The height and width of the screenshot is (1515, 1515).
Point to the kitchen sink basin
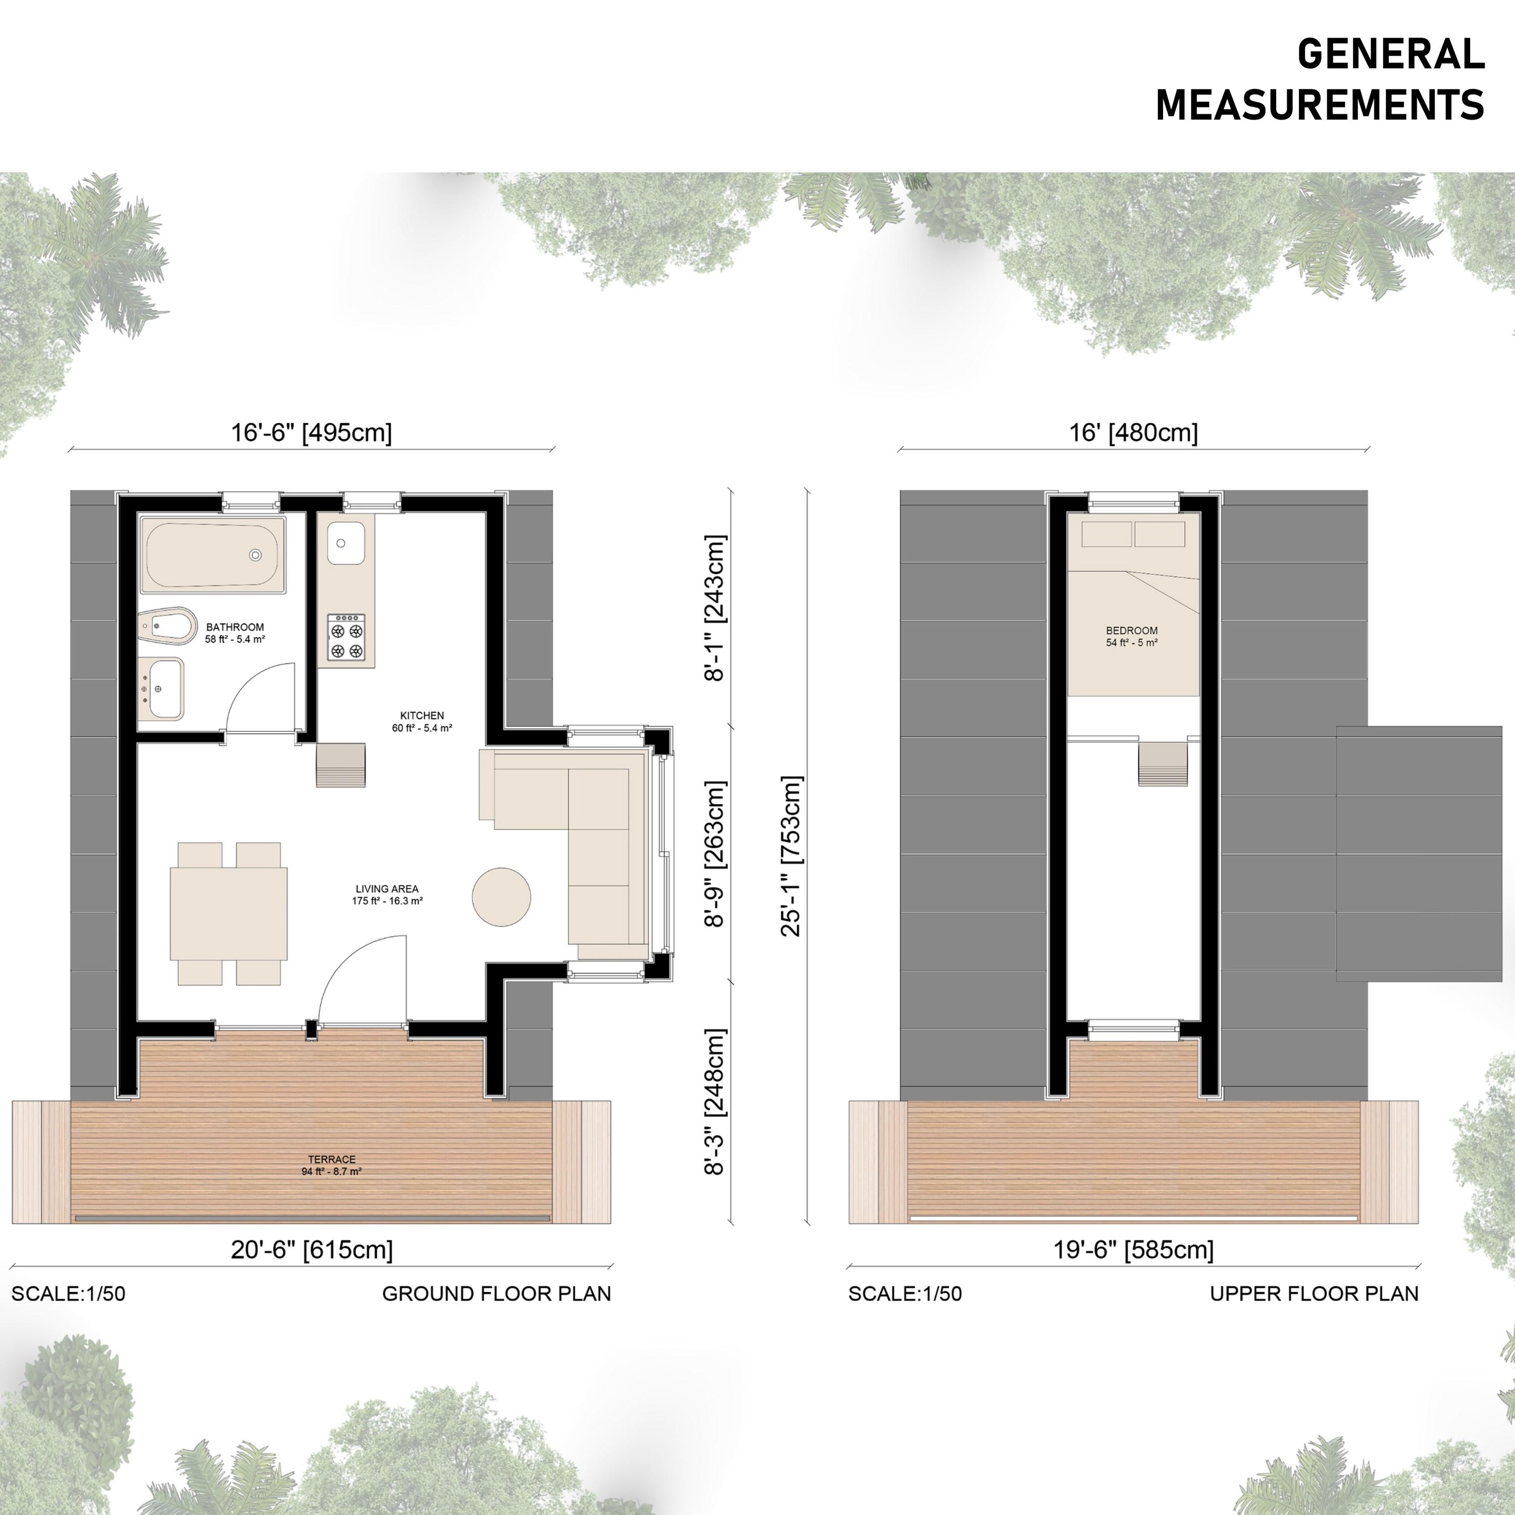click(x=346, y=543)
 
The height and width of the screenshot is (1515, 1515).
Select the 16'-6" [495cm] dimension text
click(x=311, y=433)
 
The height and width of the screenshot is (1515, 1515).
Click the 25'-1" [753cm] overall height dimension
click(x=792, y=856)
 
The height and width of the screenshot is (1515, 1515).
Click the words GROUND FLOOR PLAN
click(x=496, y=1294)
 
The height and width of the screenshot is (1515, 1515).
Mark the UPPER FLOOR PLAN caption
click(x=1314, y=1294)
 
